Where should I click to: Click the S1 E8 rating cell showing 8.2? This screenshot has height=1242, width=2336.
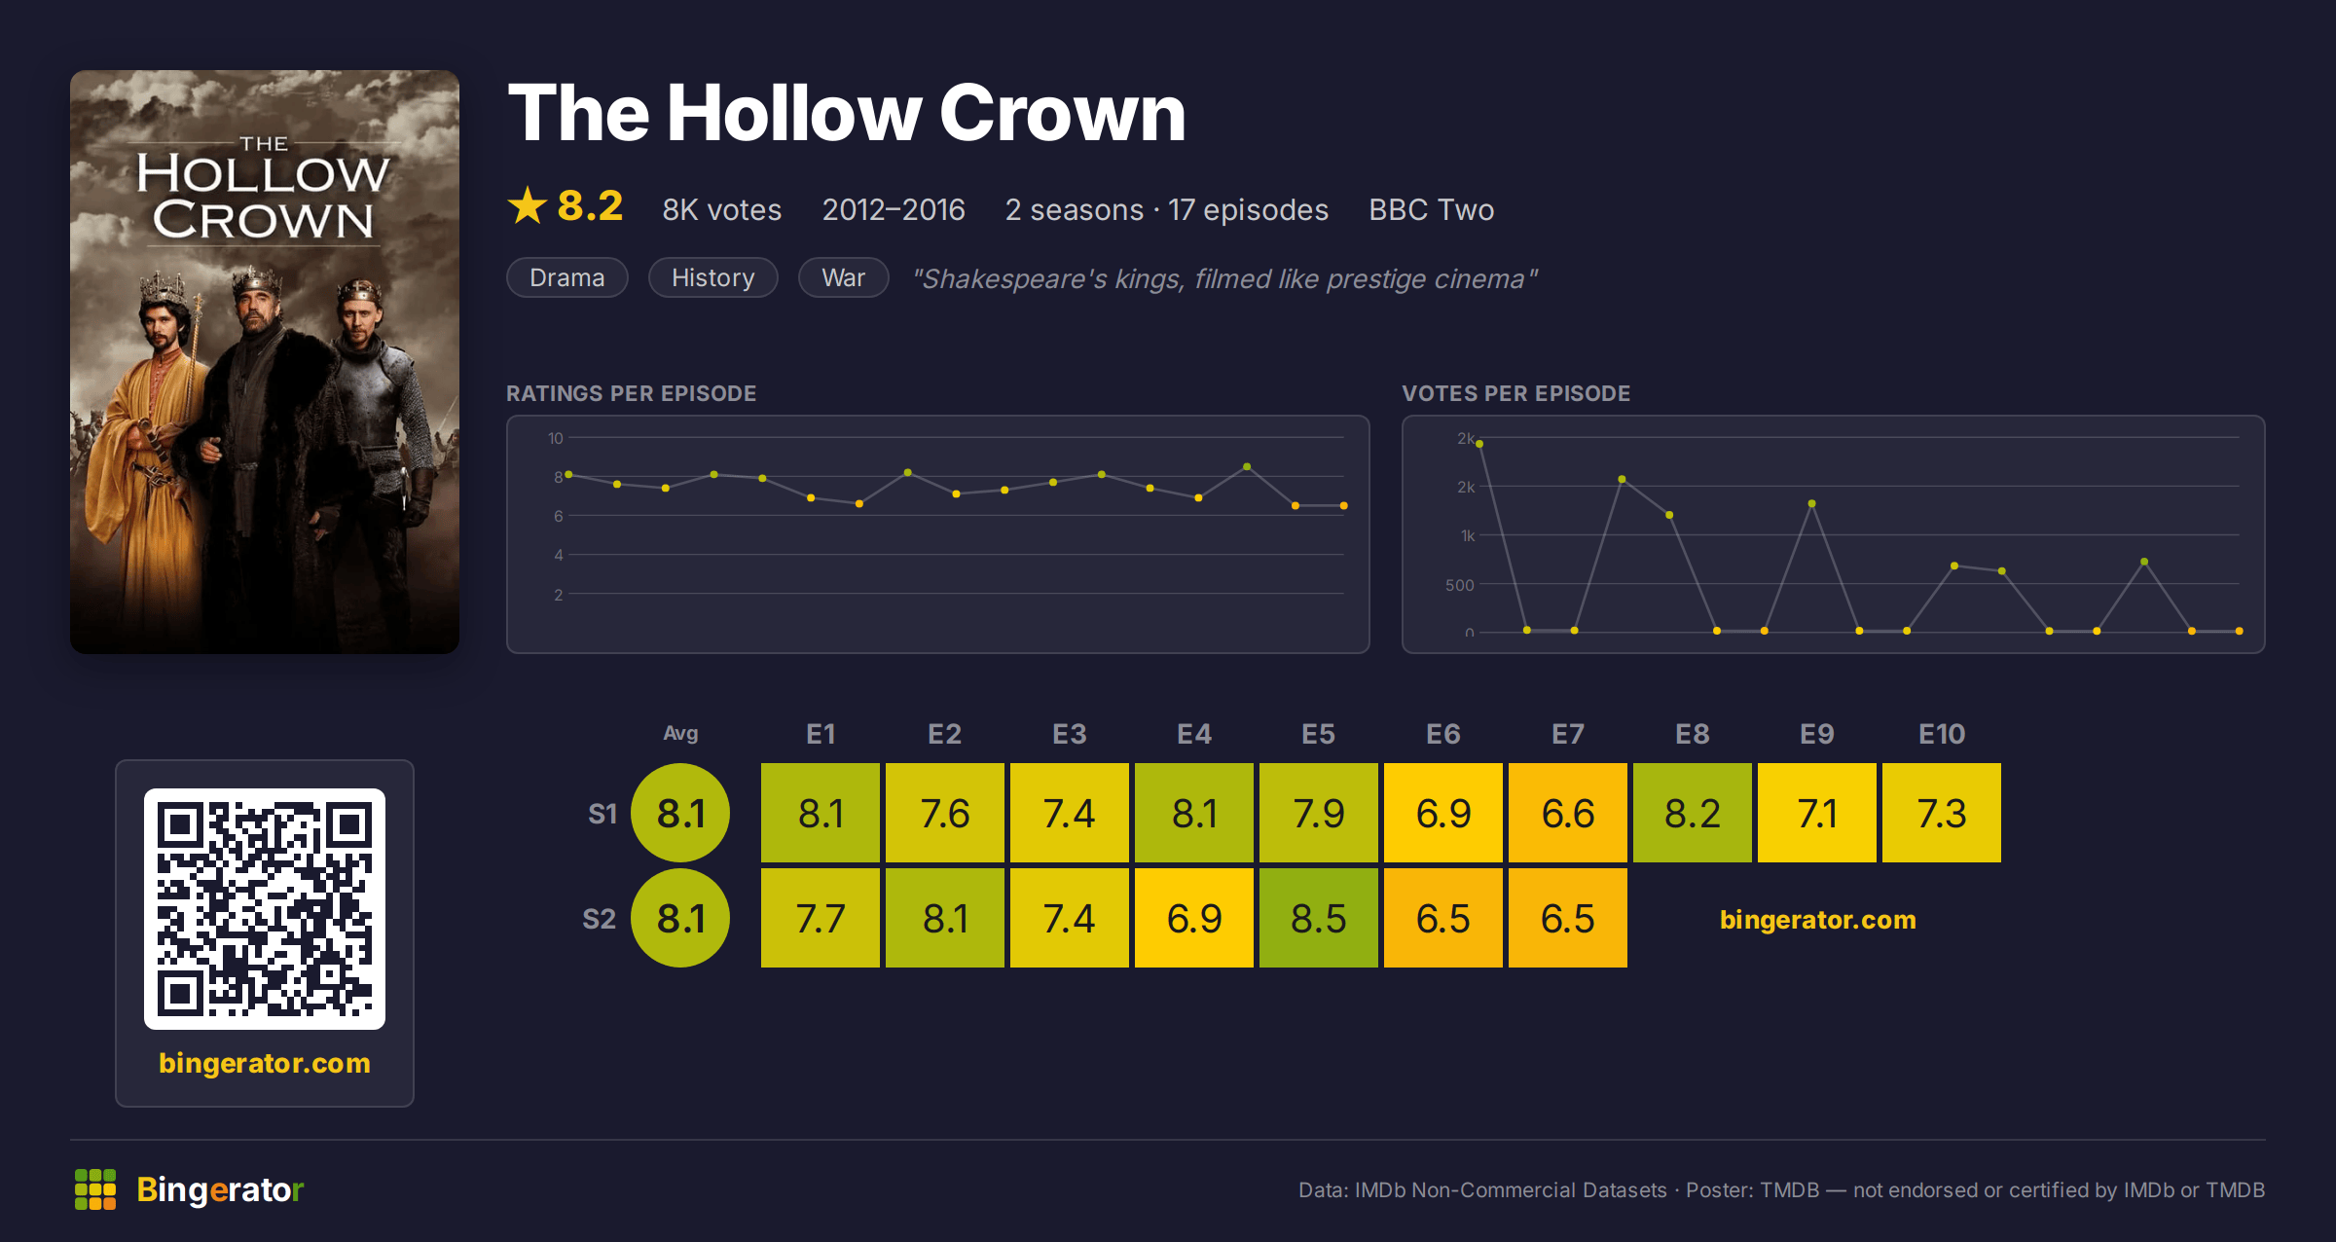tap(1693, 813)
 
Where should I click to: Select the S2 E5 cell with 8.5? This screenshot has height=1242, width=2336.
tap(1319, 918)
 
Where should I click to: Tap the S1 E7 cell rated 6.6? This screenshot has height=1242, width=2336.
tap(1568, 813)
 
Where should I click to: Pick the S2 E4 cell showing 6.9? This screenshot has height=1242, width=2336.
tap(1194, 918)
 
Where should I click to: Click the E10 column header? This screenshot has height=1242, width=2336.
tap(1942, 734)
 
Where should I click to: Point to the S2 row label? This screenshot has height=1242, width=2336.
tap(600, 919)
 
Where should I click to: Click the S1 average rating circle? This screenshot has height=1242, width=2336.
tap(680, 813)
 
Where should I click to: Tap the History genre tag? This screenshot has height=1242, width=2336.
tap(713, 277)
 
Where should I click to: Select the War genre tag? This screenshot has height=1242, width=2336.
tap(844, 277)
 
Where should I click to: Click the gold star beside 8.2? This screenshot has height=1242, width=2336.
tap(528, 205)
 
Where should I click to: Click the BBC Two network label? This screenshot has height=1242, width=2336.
tap(1431, 209)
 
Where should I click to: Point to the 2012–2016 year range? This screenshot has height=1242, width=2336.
tap(894, 209)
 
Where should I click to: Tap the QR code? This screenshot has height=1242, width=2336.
tap(265, 909)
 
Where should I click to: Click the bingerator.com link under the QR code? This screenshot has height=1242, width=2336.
tap(265, 1063)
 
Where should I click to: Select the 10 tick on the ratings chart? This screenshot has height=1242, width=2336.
tap(556, 438)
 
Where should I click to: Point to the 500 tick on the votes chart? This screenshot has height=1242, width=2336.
tap(1460, 585)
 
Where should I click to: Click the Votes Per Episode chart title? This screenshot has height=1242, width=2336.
tap(1516, 393)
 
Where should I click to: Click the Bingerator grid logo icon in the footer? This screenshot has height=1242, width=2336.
tap(95, 1189)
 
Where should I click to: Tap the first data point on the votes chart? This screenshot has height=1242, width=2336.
tap(1479, 444)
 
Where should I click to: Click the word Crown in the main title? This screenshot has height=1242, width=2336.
tap(1063, 113)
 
